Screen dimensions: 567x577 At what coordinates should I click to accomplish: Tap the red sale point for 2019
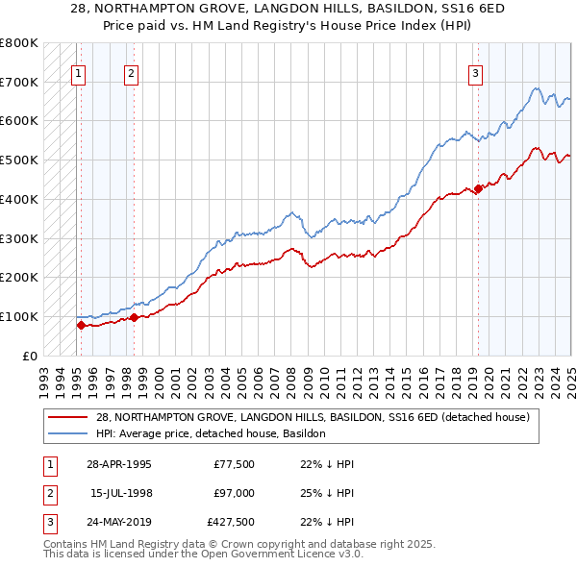[x=478, y=188]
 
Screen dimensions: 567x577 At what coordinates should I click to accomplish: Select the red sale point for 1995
[x=81, y=325]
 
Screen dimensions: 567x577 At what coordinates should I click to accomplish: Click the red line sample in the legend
[x=67, y=417]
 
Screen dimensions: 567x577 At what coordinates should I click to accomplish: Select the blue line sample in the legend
[x=67, y=433]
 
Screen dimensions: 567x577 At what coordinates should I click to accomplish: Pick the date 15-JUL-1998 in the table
[x=120, y=493]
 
